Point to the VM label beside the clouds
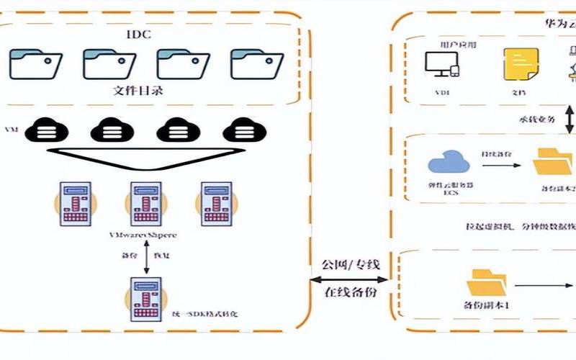click(x=12, y=130)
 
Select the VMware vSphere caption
click(x=143, y=235)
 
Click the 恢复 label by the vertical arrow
click(x=164, y=256)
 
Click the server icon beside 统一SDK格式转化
click(x=146, y=297)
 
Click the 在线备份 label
click(x=350, y=293)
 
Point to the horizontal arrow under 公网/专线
click(x=350, y=278)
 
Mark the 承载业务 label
click(x=536, y=119)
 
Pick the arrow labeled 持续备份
click(x=500, y=165)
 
